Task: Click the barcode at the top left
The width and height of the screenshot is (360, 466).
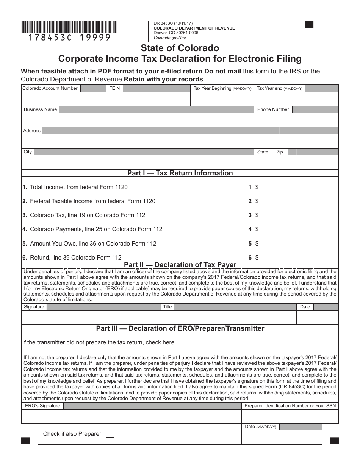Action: tap(69, 27)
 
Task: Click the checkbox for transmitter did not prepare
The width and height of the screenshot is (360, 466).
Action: tap(182, 342)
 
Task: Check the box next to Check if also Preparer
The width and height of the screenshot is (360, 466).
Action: tap(110, 434)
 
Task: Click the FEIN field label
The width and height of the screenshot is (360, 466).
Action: tap(114, 88)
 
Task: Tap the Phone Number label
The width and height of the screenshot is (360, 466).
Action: tap(273, 109)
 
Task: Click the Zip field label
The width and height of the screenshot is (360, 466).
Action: tap(280, 152)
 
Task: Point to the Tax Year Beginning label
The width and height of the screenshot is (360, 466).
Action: tap(222, 88)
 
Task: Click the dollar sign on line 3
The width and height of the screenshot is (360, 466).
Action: tap(257, 215)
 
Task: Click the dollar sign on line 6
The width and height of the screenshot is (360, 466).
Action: tap(257, 258)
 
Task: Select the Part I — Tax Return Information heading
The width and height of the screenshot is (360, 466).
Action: tap(180, 173)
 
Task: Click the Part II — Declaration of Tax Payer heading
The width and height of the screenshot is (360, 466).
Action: tap(180, 265)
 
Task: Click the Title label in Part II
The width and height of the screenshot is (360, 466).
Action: tap(167, 307)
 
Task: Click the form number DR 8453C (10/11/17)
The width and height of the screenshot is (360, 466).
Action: tap(173, 23)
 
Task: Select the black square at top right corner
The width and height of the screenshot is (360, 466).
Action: tap(309, 25)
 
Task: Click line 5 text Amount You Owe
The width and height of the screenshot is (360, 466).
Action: tap(93, 243)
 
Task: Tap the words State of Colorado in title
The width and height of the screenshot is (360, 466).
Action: tap(180, 48)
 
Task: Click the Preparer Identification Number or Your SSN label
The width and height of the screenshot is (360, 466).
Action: tap(290, 406)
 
